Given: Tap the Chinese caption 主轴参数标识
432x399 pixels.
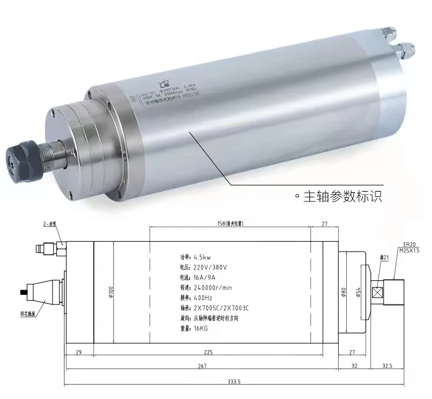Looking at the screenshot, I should tap(342, 196).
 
